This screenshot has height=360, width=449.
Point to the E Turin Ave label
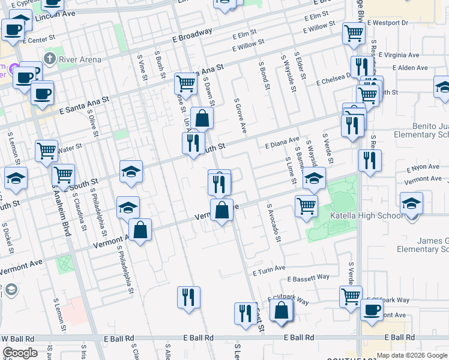coord(269,271)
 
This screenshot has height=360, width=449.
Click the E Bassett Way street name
coord(308,278)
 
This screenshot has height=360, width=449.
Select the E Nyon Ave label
coord(423,169)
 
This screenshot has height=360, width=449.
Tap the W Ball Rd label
coord(17,338)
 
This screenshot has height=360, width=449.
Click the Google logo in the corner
coord(20,352)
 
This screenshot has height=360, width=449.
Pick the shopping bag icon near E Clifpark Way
coord(281,310)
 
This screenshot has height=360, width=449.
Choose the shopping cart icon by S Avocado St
coord(307,205)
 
